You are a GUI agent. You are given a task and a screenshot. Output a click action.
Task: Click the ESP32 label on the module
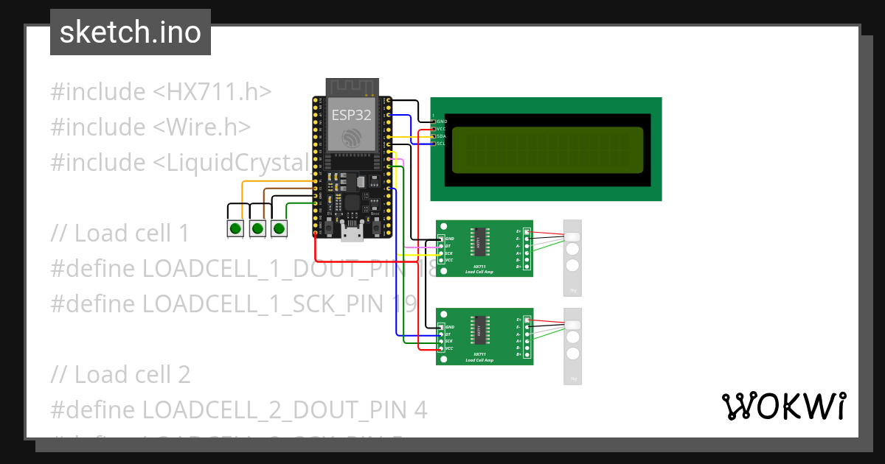(350, 115)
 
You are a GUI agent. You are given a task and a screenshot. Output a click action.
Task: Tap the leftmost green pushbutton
(235, 228)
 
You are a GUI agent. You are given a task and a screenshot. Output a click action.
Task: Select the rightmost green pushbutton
(279, 228)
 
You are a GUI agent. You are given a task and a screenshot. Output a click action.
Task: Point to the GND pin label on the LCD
(442, 122)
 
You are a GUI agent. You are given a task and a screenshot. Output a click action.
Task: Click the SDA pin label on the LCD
(442, 136)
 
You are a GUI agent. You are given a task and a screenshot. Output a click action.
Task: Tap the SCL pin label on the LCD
(442, 144)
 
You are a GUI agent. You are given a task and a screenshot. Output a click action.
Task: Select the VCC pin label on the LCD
(442, 129)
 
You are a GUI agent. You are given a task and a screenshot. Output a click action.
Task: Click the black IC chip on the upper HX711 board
(480, 241)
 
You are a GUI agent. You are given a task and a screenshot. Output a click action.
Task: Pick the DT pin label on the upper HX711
(448, 246)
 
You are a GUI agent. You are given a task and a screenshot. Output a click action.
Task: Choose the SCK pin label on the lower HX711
(448, 341)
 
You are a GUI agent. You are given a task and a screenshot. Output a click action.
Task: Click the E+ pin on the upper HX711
(519, 231)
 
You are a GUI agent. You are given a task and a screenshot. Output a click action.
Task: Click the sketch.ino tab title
(131, 32)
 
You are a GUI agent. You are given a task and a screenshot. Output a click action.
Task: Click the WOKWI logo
(783, 406)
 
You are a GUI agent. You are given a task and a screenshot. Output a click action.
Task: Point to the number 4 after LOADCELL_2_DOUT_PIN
(420, 409)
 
